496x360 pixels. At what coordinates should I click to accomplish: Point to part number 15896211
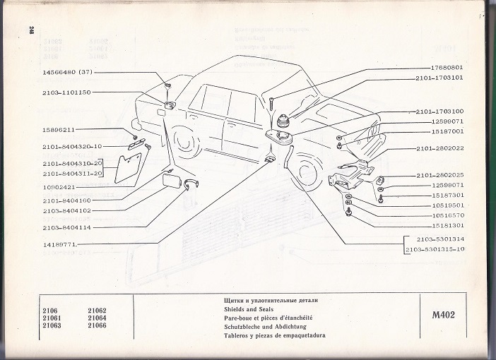tap(59, 130)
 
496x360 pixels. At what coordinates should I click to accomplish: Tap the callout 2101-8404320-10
tap(72, 146)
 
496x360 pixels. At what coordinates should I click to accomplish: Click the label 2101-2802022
tap(439, 148)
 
